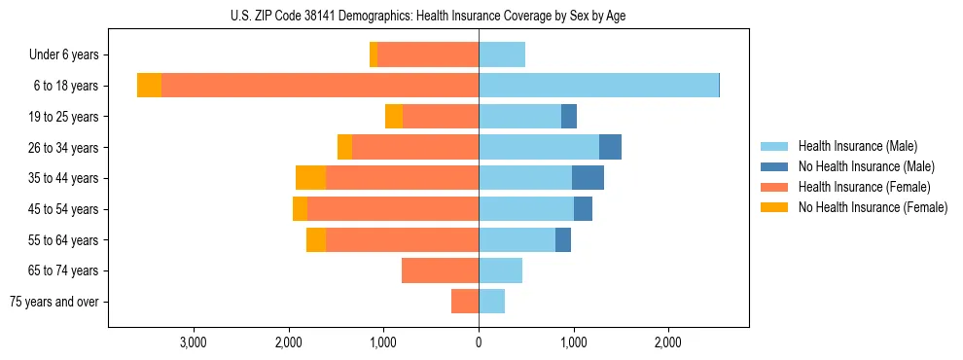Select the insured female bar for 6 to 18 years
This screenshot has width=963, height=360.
(x=320, y=86)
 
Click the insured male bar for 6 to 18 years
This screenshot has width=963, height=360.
(x=598, y=86)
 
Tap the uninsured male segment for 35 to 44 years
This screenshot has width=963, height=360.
(x=588, y=178)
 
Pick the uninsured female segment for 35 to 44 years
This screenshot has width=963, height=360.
(x=310, y=178)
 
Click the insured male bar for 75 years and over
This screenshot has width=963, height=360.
(x=491, y=302)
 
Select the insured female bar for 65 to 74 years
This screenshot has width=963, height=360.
(x=440, y=270)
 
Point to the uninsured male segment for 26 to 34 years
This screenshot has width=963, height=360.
(x=610, y=147)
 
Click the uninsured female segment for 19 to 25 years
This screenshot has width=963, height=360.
(x=394, y=117)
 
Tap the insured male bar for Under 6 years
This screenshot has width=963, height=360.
(x=502, y=54)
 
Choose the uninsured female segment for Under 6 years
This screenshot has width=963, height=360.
(x=374, y=54)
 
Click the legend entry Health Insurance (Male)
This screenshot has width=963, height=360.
(x=857, y=146)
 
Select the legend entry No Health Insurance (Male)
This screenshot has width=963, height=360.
(x=866, y=166)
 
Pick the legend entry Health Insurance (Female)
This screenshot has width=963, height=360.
(x=864, y=187)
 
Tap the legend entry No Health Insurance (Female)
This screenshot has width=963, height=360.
(x=873, y=207)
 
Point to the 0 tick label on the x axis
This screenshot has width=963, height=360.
(x=479, y=343)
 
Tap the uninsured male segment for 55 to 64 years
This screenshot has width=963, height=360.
(x=563, y=239)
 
